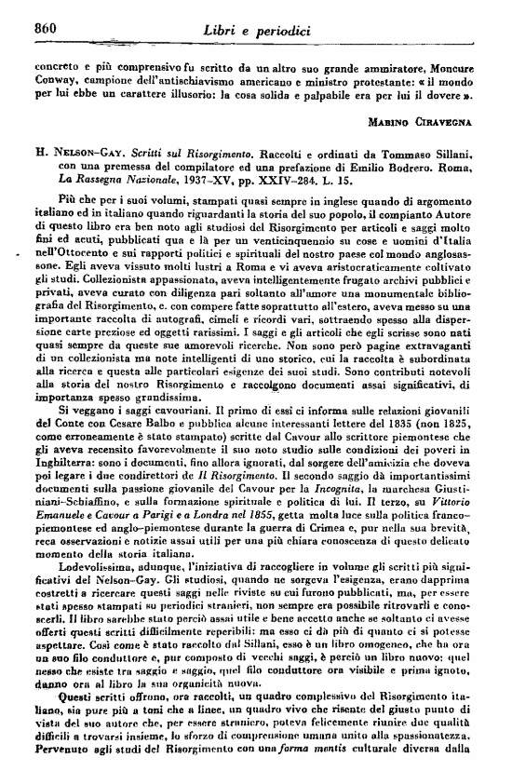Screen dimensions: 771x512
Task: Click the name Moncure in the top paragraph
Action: coord(456,66)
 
